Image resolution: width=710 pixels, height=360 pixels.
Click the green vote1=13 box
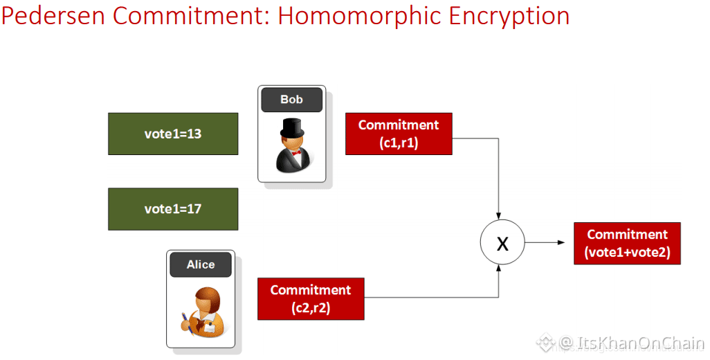tap(173, 134)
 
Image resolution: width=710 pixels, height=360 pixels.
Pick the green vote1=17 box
tap(173, 209)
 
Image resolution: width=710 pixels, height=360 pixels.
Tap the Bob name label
tap(291, 100)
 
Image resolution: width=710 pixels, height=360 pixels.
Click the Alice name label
tap(201, 264)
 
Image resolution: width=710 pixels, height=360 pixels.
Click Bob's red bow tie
tap(292, 151)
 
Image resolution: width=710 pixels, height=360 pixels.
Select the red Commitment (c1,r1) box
tap(399, 134)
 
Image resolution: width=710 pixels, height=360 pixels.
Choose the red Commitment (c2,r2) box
tap(311, 299)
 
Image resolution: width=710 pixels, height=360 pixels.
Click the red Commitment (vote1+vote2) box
tap(627, 243)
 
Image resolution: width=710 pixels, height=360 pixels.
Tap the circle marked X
tap(502, 242)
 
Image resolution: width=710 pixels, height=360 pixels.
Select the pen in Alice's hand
tap(186, 321)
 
